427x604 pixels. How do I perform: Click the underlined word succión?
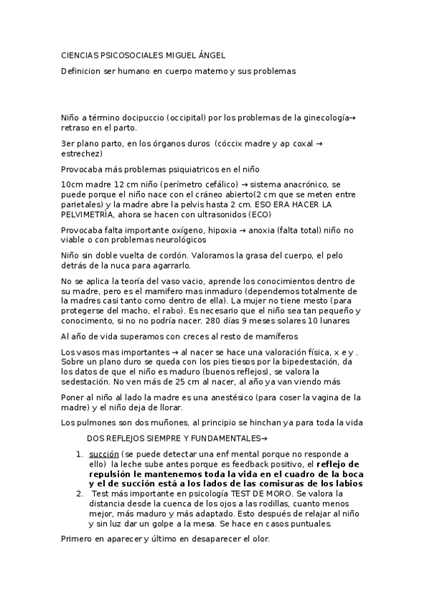(x=103, y=454)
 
